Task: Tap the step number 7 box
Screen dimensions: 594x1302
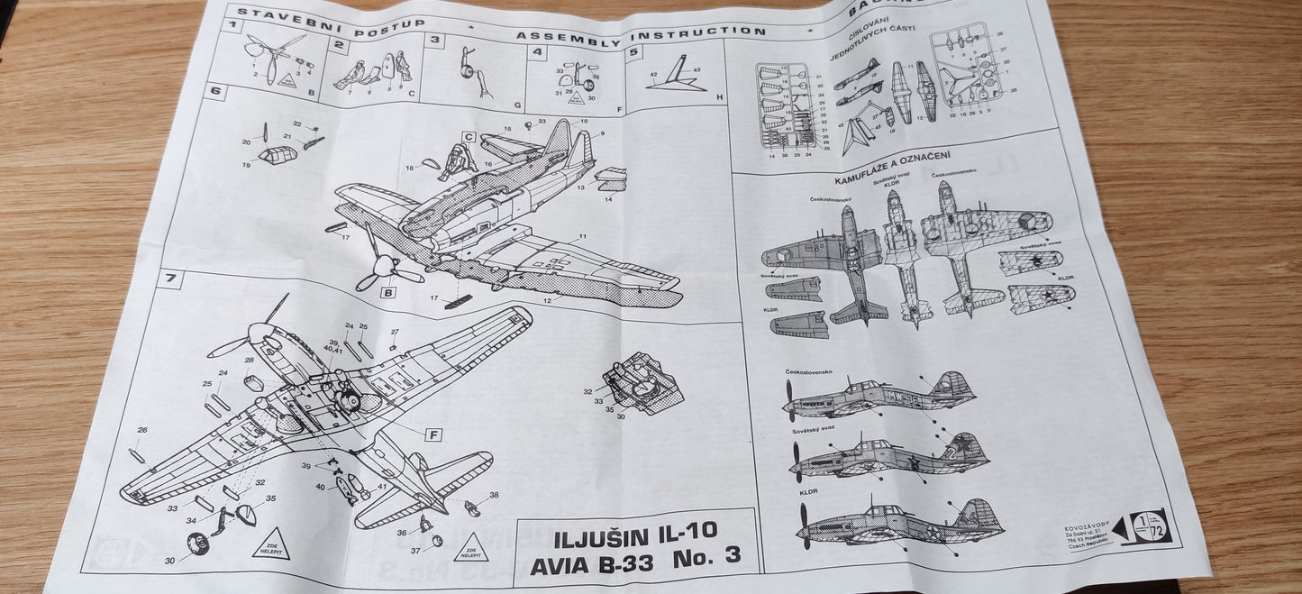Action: pos(168,279)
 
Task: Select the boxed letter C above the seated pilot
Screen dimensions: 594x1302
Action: pos(469,137)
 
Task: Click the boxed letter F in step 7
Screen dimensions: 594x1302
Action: pos(433,434)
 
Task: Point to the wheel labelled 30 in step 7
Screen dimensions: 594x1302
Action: pos(196,544)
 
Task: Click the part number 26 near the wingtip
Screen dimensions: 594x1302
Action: pos(141,431)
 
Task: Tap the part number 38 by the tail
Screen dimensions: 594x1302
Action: pos(493,495)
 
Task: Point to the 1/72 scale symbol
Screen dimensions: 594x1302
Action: pos(1149,527)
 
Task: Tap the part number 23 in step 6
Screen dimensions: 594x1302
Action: pos(542,121)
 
